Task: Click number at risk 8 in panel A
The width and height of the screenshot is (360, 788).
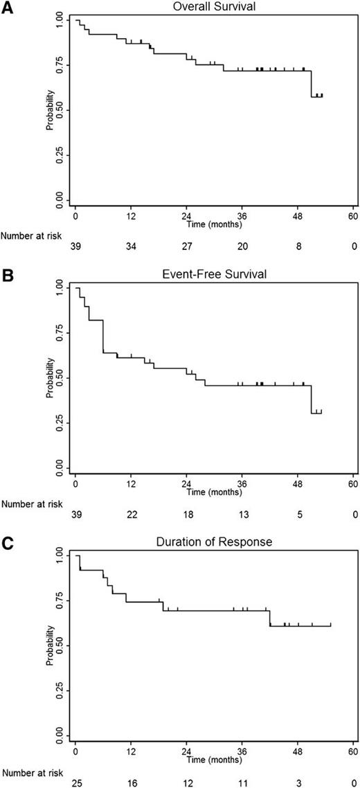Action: [298, 247]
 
